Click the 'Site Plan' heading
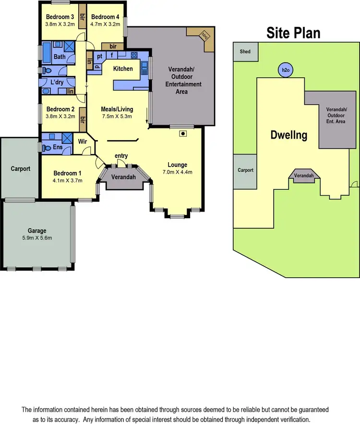[293, 33]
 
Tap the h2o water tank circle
[285, 70]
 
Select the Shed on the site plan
[245, 52]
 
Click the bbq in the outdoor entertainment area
[205, 35]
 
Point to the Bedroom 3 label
[60, 16]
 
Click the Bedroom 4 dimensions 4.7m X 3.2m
[106, 24]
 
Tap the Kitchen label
[123, 69]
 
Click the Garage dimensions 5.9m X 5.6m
[37, 237]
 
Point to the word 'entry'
[121, 156]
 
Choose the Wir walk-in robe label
[82, 141]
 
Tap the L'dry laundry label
[57, 82]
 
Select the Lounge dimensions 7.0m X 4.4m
[177, 172]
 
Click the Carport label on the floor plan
[21, 169]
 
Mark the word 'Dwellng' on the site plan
[288, 135]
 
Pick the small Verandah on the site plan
[304, 176]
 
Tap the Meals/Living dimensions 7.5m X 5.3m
[117, 116]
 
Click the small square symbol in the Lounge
[182, 134]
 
